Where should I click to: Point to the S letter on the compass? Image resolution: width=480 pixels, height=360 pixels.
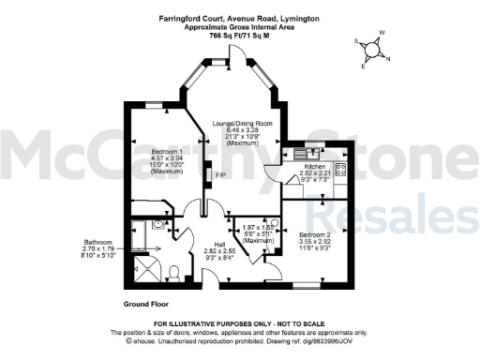[355, 41]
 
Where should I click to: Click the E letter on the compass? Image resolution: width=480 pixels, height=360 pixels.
[364, 67]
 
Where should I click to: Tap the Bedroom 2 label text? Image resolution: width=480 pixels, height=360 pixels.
[315, 233]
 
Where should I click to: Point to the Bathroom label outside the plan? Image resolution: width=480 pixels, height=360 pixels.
[97, 240]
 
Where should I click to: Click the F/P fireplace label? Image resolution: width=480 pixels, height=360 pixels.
[221, 175]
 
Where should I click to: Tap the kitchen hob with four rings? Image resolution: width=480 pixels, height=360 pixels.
[340, 169]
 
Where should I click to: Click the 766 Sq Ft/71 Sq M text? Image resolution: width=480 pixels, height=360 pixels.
[239, 35]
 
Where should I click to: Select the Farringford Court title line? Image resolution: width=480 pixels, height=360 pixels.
[239, 18]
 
